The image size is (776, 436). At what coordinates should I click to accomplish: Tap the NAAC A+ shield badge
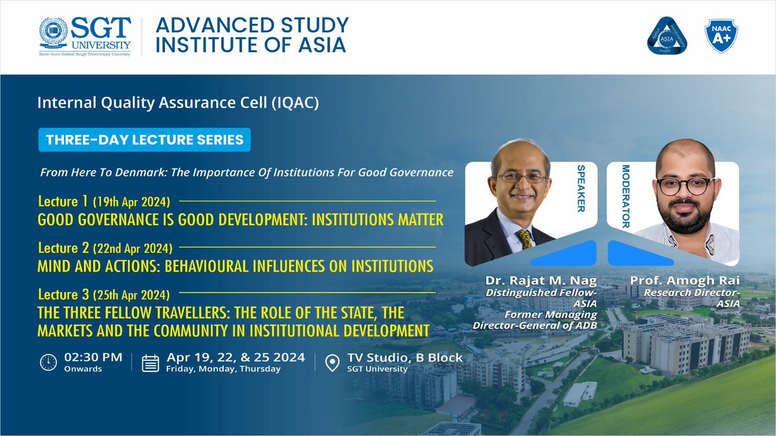[x=721, y=36]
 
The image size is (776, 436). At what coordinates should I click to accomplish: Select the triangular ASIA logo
[x=666, y=36]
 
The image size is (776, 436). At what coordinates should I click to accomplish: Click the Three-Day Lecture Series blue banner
[x=144, y=139]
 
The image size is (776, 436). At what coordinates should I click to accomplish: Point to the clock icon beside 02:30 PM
[x=48, y=362]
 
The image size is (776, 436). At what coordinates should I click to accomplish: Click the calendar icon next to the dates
[x=151, y=362]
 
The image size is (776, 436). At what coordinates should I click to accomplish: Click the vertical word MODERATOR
[x=625, y=196]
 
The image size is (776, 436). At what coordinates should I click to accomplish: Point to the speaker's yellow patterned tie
[x=525, y=238]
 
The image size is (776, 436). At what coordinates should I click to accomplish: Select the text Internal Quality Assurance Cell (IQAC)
[x=178, y=103]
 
